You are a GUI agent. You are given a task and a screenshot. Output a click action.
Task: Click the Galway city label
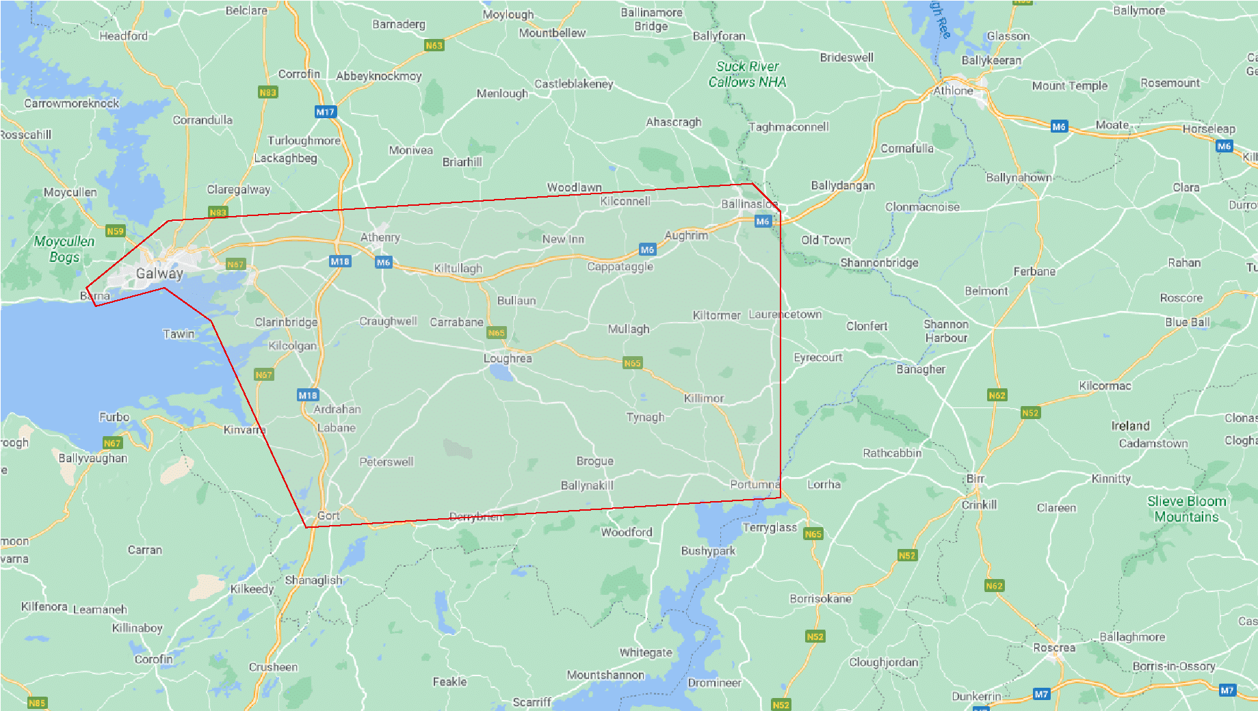click(159, 273)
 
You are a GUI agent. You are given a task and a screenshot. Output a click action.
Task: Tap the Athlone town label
click(953, 90)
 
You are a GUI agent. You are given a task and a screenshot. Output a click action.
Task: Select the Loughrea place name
click(507, 358)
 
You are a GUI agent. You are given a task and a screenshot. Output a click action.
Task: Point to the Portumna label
click(755, 484)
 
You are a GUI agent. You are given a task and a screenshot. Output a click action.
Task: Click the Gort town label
click(328, 515)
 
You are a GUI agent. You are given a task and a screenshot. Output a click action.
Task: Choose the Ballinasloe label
click(750, 204)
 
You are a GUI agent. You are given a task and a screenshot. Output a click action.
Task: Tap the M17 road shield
click(326, 112)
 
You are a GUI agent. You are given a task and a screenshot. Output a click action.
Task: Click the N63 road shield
click(434, 46)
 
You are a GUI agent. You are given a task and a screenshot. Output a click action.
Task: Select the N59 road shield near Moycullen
click(115, 231)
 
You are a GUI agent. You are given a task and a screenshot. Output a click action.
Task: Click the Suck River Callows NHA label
click(747, 74)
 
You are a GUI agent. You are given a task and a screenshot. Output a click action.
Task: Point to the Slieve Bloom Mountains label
click(1186, 509)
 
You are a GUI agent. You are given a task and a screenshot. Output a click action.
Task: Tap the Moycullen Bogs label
click(64, 249)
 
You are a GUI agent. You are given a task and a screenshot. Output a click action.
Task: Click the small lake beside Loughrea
click(500, 373)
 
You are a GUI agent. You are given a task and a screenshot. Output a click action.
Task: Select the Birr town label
click(975, 479)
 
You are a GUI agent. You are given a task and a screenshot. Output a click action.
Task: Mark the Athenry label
click(380, 237)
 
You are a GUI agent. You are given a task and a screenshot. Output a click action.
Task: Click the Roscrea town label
click(1053, 647)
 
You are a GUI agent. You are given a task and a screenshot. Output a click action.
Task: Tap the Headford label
click(123, 36)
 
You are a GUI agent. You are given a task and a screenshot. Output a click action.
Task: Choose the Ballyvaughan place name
click(93, 458)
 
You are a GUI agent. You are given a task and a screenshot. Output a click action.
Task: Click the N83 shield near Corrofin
click(267, 92)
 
